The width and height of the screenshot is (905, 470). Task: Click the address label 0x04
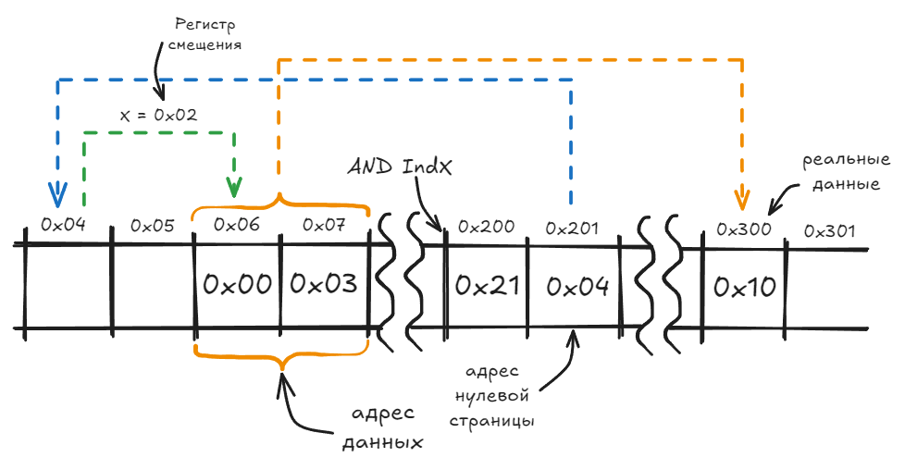point(63,224)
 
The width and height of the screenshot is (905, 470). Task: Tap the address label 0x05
point(153,225)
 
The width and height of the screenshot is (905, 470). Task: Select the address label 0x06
point(237,224)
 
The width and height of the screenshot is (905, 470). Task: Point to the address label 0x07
point(324,224)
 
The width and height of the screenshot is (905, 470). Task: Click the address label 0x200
point(486,227)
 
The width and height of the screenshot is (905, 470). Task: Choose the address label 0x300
point(743,229)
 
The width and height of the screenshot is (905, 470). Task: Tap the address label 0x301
point(829,231)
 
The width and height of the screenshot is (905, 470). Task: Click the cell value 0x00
point(237,284)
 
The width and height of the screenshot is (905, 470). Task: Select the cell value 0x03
point(323,283)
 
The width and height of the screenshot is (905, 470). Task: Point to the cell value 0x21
point(487,286)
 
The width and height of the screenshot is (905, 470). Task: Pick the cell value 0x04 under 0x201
point(577,287)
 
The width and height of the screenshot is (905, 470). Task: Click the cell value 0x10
point(745,287)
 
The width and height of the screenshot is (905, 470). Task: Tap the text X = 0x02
point(158,115)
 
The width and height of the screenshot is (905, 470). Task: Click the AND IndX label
point(400,167)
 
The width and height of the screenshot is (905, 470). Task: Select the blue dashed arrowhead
point(57,194)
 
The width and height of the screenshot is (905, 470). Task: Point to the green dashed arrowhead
point(234,186)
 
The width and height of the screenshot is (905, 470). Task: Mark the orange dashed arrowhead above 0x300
point(741,199)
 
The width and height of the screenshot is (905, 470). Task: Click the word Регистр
point(205,25)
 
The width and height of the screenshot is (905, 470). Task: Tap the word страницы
point(491,421)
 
